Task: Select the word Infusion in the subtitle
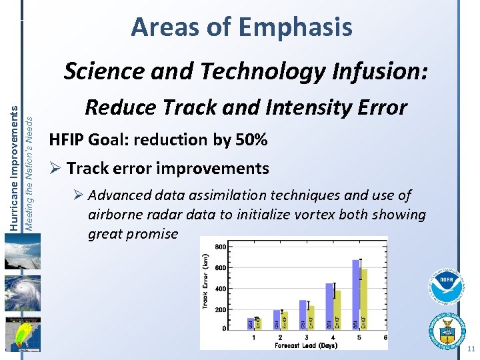coord(363,71)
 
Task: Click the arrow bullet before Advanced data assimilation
coord(78,195)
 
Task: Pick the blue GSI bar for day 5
coord(356,293)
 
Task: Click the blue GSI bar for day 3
coord(303,314)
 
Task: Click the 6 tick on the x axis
coord(385,337)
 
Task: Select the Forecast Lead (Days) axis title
coord(305,345)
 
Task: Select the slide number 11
coord(471,349)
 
